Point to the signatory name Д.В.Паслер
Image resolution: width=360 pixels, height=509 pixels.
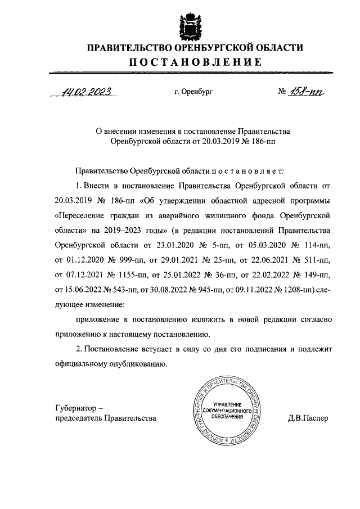coord(307,418)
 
